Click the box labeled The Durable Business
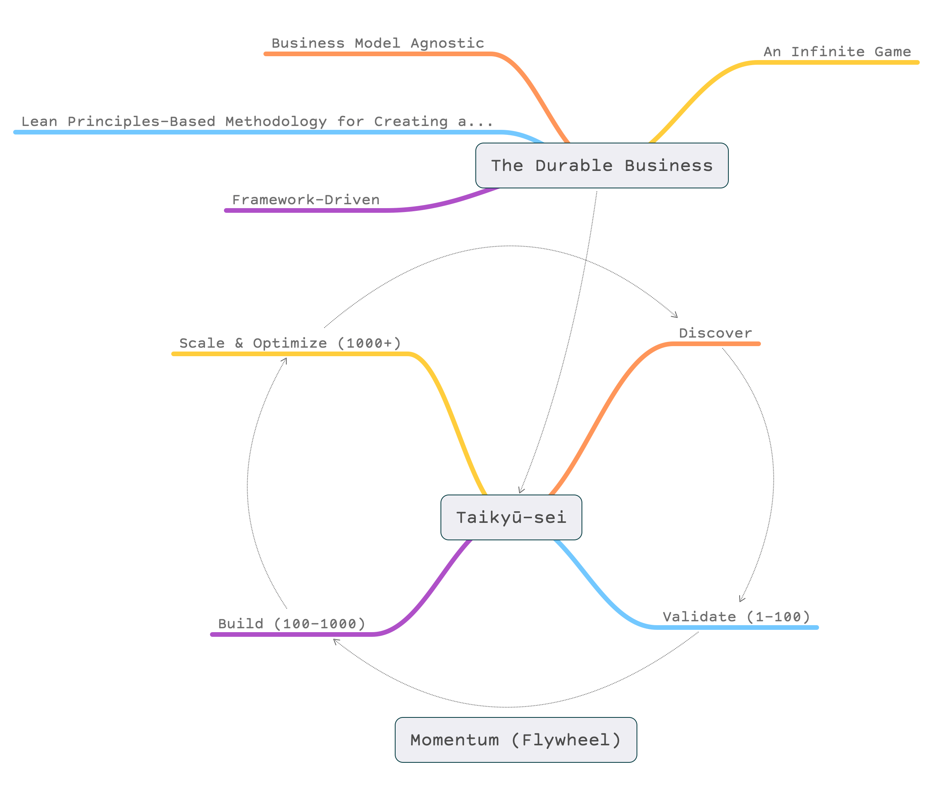pyautogui.click(x=602, y=165)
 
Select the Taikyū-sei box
pyautogui.click(x=511, y=517)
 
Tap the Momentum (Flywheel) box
pyautogui.click(x=516, y=740)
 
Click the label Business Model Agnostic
pyautogui.click(x=377, y=43)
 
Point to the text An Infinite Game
pyautogui.click(x=837, y=52)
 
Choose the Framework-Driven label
pyautogui.click(x=306, y=200)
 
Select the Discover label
pyautogui.click(x=715, y=333)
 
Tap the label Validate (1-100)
pyautogui.click(x=737, y=617)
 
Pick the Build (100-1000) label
pyautogui.click(x=292, y=624)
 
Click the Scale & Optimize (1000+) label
pyautogui.click(x=290, y=343)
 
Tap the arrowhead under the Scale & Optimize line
pyautogui.click(x=284, y=360)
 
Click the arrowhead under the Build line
pyautogui.click(x=336, y=641)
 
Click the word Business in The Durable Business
pyautogui.click(x=669, y=165)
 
